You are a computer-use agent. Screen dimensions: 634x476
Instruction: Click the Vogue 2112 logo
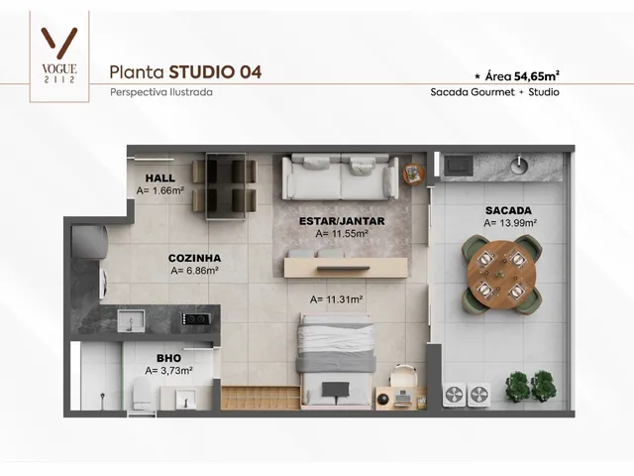pyautogui.click(x=59, y=56)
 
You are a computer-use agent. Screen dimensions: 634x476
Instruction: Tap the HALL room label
pyautogui.click(x=160, y=178)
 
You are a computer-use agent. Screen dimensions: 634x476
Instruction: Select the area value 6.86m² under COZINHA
pyautogui.click(x=194, y=271)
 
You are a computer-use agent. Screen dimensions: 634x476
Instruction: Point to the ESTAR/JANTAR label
pyautogui.click(x=342, y=221)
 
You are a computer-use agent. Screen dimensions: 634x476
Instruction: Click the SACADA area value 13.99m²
pyautogui.click(x=510, y=223)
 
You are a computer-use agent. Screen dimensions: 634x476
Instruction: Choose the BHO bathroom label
pyautogui.click(x=168, y=358)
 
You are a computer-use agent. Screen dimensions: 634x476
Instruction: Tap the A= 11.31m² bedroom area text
pyautogui.click(x=336, y=299)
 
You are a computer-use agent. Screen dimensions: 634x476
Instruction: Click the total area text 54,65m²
pyautogui.click(x=537, y=75)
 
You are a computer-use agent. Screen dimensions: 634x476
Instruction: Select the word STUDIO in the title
pyautogui.click(x=201, y=72)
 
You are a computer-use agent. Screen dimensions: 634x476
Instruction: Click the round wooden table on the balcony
pyautogui.click(x=501, y=275)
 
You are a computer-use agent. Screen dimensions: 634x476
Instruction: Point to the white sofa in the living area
pyautogui.click(x=341, y=177)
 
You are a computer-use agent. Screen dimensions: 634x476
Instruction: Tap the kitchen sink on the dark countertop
pyautogui.click(x=131, y=321)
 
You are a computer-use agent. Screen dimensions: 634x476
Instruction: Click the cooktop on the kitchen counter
pyautogui.click(x=196, y=319)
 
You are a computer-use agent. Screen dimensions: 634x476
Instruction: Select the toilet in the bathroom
pyautogui.click(x=143, y=393)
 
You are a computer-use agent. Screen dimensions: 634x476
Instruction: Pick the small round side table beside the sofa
pyautogui.click(x=414, y=175)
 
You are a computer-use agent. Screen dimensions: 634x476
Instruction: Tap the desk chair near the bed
pyautogui.click(x=403, y=375)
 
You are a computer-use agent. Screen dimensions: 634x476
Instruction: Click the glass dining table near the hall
pyautogui.click(x=225, y=186)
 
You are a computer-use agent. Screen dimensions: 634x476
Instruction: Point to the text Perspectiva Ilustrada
pyautogui.click(x=161, y=92)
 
